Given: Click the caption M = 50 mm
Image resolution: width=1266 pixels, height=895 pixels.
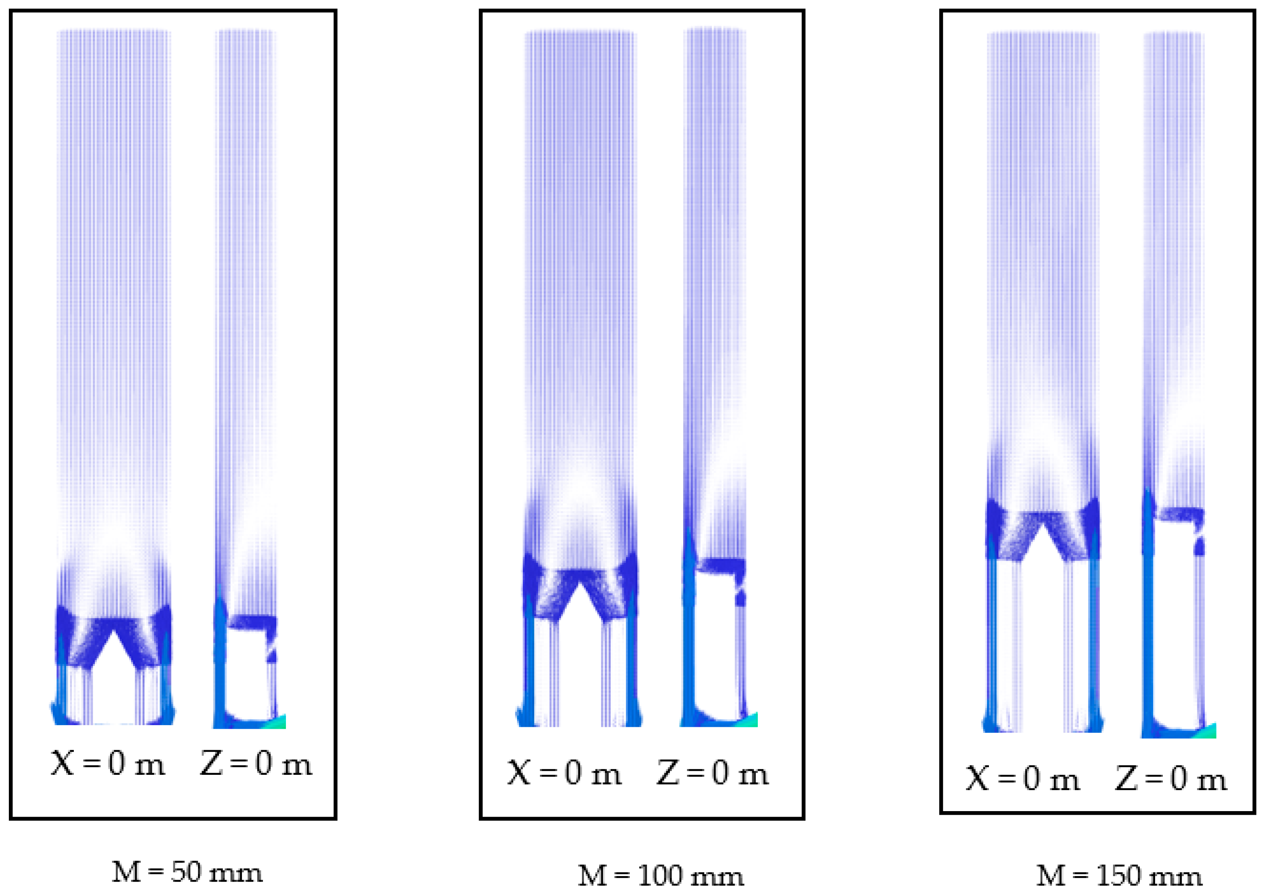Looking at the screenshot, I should (x=187, y=872).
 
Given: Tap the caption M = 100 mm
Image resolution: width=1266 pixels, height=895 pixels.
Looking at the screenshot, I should (x=661, y=875).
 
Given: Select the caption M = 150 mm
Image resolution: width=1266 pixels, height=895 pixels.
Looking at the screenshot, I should (x=1119, y=875).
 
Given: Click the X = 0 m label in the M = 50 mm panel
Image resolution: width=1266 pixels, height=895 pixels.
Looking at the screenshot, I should (x=108, y=764).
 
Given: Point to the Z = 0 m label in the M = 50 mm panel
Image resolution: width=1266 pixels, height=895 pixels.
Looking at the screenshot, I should (x=256, y=764).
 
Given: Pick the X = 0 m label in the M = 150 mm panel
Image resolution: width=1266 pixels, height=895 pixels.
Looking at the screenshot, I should (x=1022, y=779).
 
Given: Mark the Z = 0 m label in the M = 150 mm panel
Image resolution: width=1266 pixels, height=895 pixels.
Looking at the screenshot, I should (x=1170, y=779).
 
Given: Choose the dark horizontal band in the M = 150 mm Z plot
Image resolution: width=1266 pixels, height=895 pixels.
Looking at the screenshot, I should (x=1180, y=514).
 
